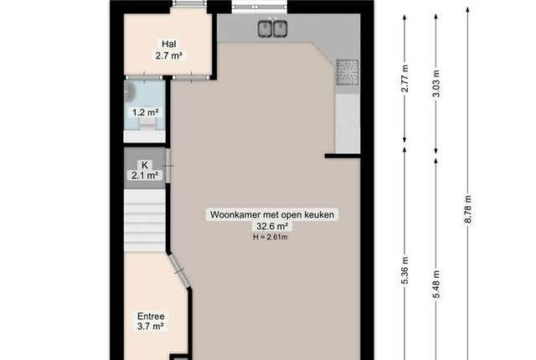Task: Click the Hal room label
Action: pos(169,44)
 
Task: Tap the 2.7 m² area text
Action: pos(168,55)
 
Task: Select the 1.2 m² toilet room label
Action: pos(145,112)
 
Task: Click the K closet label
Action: pos(145,165)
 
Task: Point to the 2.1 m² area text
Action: pos(145,176)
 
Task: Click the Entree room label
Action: pos(151,316)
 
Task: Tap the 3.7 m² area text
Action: pos(151,327)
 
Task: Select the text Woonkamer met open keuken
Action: pos(272,215)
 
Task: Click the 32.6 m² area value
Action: pos(272,226)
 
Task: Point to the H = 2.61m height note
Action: pos(270,237)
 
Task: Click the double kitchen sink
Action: pos(272,28)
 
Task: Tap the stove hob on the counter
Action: pos(348,72)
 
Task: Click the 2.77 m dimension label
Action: pos(405,78)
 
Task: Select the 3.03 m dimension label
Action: pos(436,84)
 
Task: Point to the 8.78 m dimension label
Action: pos(468,209)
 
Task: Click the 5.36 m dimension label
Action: pos(405,270)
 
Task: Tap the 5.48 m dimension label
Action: pos(436,284)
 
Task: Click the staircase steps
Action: pos(145,221)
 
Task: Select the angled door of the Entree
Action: pos(179,271)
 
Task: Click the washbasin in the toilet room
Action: pos(129,91)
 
